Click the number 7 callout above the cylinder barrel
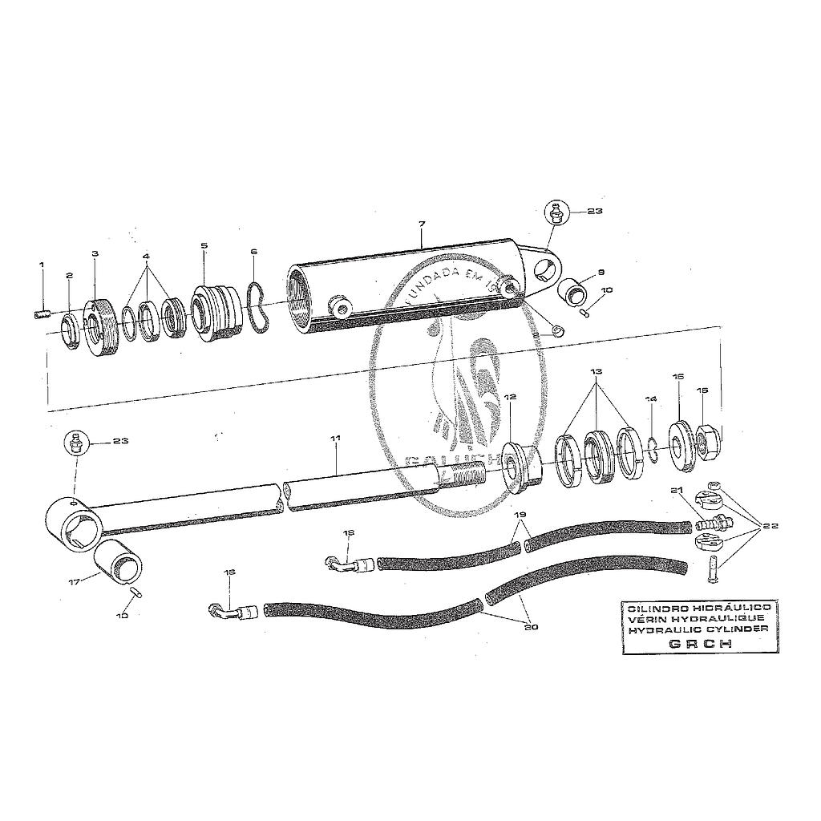[422, 222]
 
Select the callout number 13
[595, 373]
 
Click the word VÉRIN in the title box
[645, 620]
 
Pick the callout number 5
[204, 245]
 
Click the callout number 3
[95, 254]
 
